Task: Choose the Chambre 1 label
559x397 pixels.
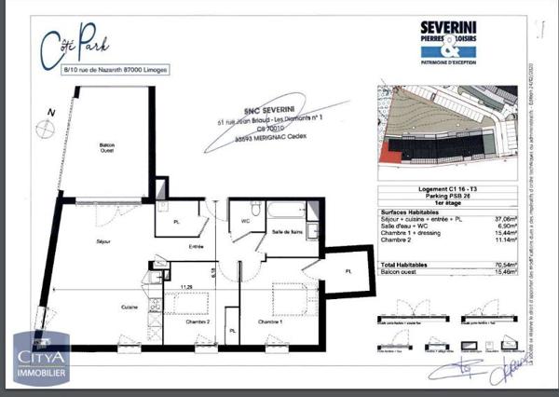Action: (x=271, y=322)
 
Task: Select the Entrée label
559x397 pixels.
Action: (x=197, y=247)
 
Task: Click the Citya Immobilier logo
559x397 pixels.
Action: (x=39, y=361)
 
